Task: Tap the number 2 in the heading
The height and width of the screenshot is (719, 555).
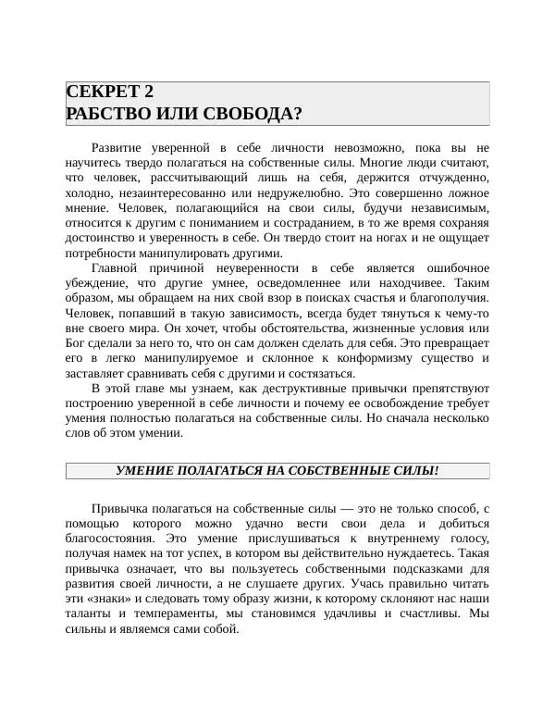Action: (148, 92)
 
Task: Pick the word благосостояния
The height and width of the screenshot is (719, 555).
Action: (112, 539)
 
